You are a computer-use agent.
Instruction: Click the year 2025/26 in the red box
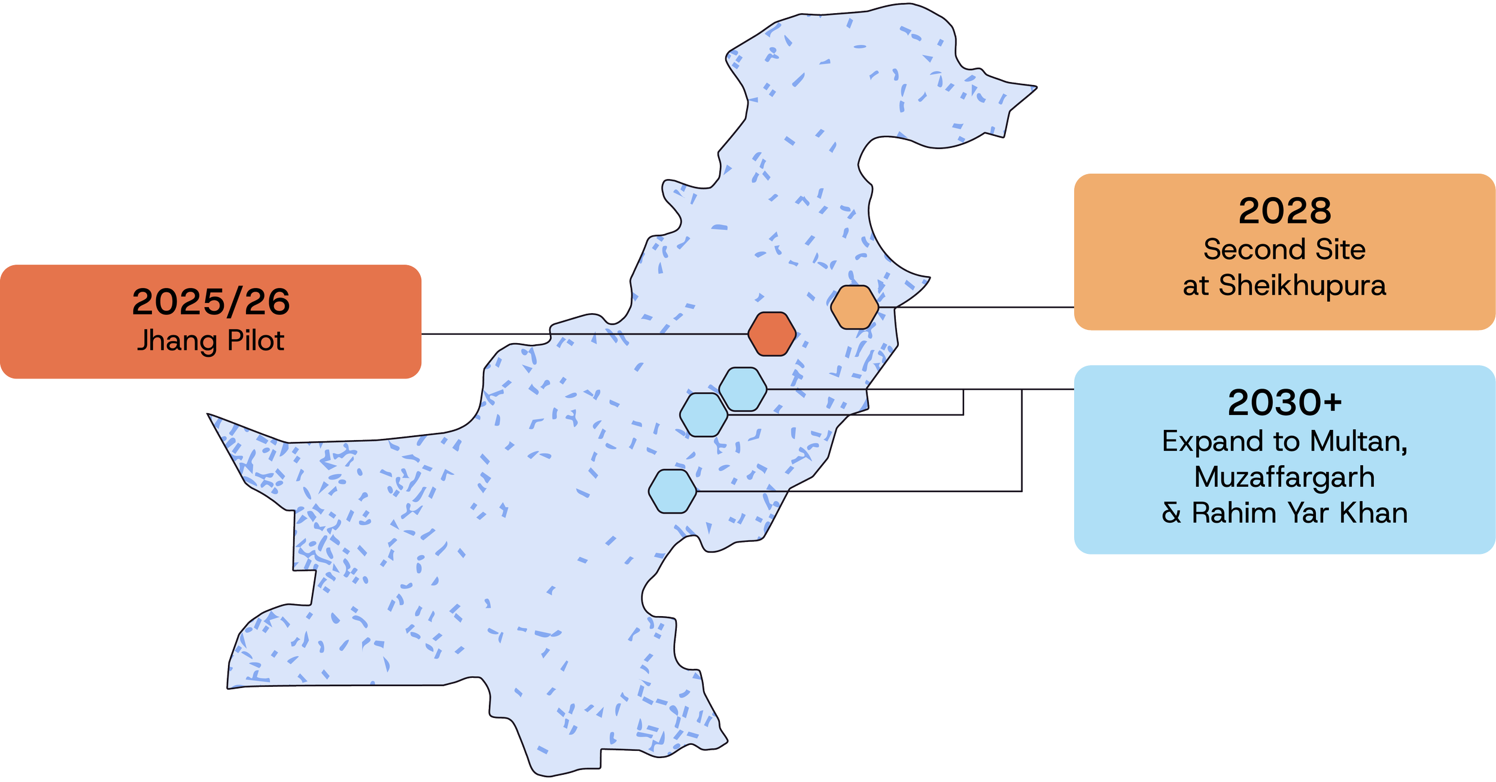(211, 302)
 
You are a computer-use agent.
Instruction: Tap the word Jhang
(176, 341)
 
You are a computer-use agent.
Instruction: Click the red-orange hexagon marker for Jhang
(772, 334)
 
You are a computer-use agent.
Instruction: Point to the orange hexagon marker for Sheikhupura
(855, 307)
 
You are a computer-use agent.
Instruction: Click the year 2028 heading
(1284, 211)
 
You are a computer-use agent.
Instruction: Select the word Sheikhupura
(1302, 285)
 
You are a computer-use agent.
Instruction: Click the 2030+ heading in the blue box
(1284, 402)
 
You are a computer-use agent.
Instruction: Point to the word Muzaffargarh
(1284, 478)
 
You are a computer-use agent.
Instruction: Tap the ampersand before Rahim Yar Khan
(1171, 513)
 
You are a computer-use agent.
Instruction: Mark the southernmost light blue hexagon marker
(673, 491)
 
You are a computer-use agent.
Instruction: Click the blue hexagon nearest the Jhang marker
(742, 389)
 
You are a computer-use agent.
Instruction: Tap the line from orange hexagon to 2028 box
(981, 307)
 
